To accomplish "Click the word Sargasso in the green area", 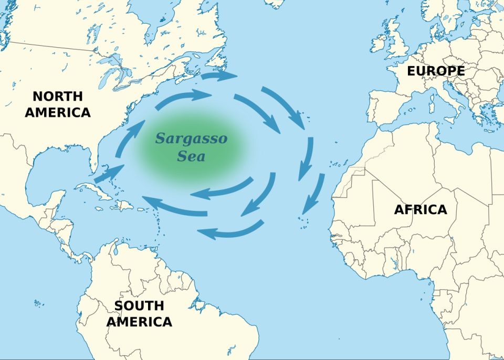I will click(x=191, y=139).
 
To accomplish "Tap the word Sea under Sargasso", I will click(x=191, y=156).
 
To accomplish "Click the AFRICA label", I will click(x=421, y=209).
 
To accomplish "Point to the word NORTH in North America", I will click(x=57, y=97).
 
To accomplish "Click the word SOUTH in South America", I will click(x=139, y=305).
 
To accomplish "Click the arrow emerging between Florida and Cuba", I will click(x=109, y=174).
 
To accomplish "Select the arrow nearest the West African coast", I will click(x=314, y=190).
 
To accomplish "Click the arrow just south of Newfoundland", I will click(x=218, y=76).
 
